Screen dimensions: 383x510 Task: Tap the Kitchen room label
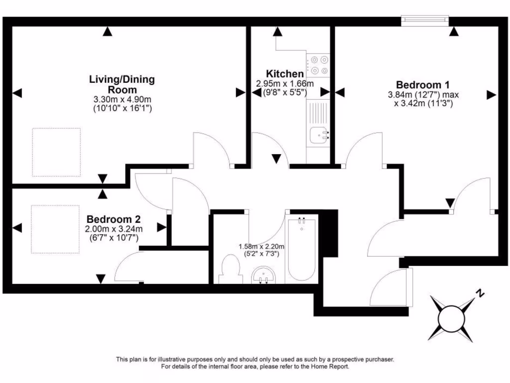284,73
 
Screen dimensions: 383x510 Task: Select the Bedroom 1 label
423,84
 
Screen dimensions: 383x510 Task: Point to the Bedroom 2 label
114,219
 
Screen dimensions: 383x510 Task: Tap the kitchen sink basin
318,135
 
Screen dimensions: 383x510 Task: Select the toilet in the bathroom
231,270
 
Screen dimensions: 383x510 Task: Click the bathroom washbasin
263,275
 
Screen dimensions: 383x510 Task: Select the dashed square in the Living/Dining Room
56,152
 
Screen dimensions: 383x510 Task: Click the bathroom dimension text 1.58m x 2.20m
261,246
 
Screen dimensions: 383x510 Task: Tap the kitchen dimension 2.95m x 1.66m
285,83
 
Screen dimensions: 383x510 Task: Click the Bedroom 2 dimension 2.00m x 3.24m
114,229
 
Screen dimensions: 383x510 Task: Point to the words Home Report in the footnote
331,367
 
